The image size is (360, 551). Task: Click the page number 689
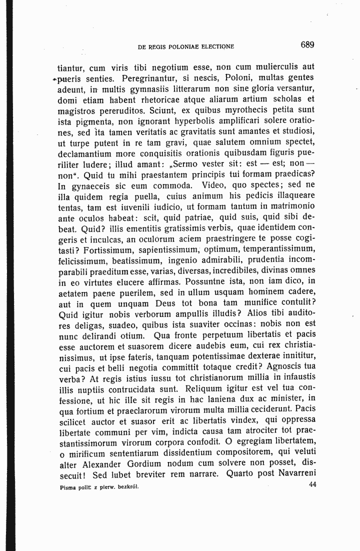pyautogui.click(x=307, y=45)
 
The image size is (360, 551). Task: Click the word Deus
pyautogui.click(x=183, y=302)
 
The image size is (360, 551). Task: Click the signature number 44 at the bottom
pyautogui.click(x=313, y=484)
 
